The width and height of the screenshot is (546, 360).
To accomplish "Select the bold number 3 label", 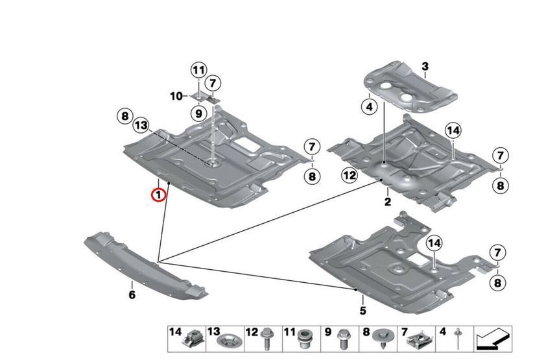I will (425, 67).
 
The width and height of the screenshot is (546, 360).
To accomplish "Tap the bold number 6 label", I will (132, 295).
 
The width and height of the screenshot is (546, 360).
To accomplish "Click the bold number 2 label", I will (387, 202).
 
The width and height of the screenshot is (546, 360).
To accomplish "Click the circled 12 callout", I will (350, 174).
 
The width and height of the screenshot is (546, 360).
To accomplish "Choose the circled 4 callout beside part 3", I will (370, 106).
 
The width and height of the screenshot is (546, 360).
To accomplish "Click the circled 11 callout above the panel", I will (198, 70).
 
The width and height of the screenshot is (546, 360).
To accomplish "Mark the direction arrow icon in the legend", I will (493, 338).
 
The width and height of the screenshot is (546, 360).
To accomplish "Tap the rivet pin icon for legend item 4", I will (458, 337).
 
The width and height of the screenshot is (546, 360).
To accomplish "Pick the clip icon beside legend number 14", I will (193, 339).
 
